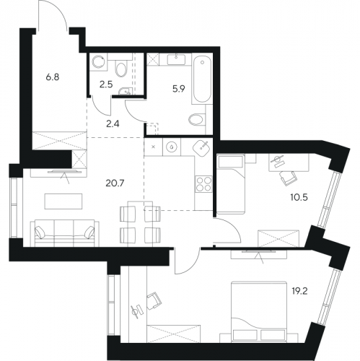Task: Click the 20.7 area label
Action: click(115, 183)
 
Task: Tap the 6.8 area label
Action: click(53, 77)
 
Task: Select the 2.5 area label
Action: click(106, 84)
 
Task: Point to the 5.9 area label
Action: click(178, 90)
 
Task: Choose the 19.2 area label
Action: click(300, 292)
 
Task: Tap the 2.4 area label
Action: click(113, 124)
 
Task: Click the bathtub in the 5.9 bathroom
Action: click(202, 79)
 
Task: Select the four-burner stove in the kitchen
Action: click(203, 184)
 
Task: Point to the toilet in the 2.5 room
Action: click(121, 68)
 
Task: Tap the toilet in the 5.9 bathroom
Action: click(197, 119)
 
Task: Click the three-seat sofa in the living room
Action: click(65, 232)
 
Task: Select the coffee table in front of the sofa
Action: click(63, 201)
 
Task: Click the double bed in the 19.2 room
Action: click(259, 311)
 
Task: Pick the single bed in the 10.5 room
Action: click(231, 184)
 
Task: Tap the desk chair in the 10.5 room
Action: click(288, 178)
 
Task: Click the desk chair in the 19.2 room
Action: click(154, 300)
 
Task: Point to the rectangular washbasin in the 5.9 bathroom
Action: click(176, 59)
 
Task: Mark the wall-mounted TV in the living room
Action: click(64, 171)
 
